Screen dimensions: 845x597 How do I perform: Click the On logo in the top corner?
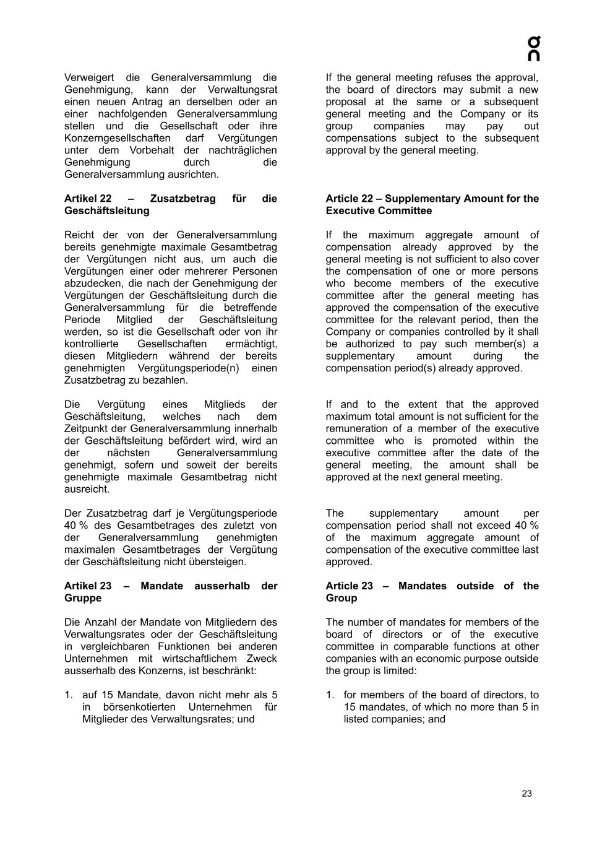point(533,49)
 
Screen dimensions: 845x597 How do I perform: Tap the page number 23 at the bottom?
point(526,794)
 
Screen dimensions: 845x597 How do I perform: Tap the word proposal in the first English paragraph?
point(346,102)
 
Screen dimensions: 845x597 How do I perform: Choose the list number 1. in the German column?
point(69,695)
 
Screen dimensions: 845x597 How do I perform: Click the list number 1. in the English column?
point(330,695)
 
